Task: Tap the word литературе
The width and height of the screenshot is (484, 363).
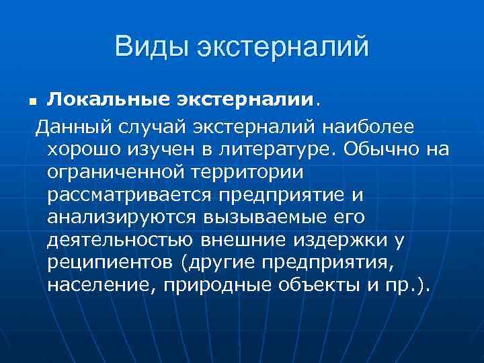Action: click(x=276, y=149)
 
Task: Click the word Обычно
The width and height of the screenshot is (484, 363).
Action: click(x=379, y=149)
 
